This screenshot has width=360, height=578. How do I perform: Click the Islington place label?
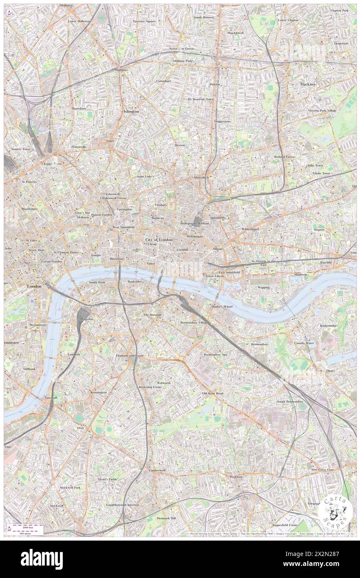131,111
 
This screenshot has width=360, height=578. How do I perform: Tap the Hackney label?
308,84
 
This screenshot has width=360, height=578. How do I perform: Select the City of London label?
159,240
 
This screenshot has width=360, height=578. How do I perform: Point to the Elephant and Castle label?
130,356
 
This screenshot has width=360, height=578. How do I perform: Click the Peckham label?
236,477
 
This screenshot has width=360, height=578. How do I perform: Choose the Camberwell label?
157,470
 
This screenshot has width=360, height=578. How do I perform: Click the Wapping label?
264,287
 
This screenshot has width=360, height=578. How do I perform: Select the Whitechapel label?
250,229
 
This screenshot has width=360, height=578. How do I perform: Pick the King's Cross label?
53,164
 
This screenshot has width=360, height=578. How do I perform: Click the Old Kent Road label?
212,393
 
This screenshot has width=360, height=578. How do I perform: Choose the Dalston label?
215,84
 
